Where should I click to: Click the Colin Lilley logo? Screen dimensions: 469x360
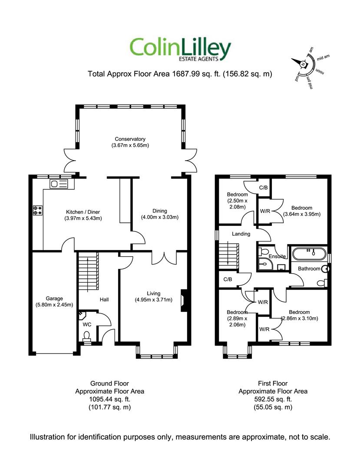(x=180, y=50)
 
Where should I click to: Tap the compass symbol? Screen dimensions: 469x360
(x=303, y=64)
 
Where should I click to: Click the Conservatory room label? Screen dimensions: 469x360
(x=130, y=139)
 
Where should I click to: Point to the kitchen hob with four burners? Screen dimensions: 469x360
(x=38, y=210)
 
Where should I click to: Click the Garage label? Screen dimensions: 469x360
(x=55, y=298)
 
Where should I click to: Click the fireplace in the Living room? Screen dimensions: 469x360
(x=184, y=301)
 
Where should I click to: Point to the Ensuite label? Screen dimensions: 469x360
(x=277, y=256)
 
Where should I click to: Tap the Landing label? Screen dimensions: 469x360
(x=241, y=234)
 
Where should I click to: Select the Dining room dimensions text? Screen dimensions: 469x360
(x=160, y=217)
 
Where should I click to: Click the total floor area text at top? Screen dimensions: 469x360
(x=180, y=74)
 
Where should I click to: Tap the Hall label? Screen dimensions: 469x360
(x=104, y=300)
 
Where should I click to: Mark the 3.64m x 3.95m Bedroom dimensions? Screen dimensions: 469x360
(x=301, y=214)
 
